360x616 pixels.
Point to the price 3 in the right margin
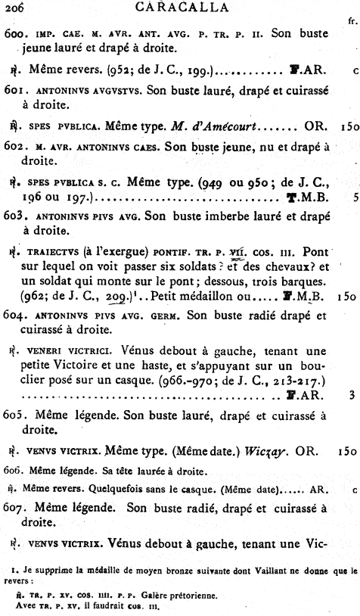pos(353,394)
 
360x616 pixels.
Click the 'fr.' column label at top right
pos(351,22)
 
